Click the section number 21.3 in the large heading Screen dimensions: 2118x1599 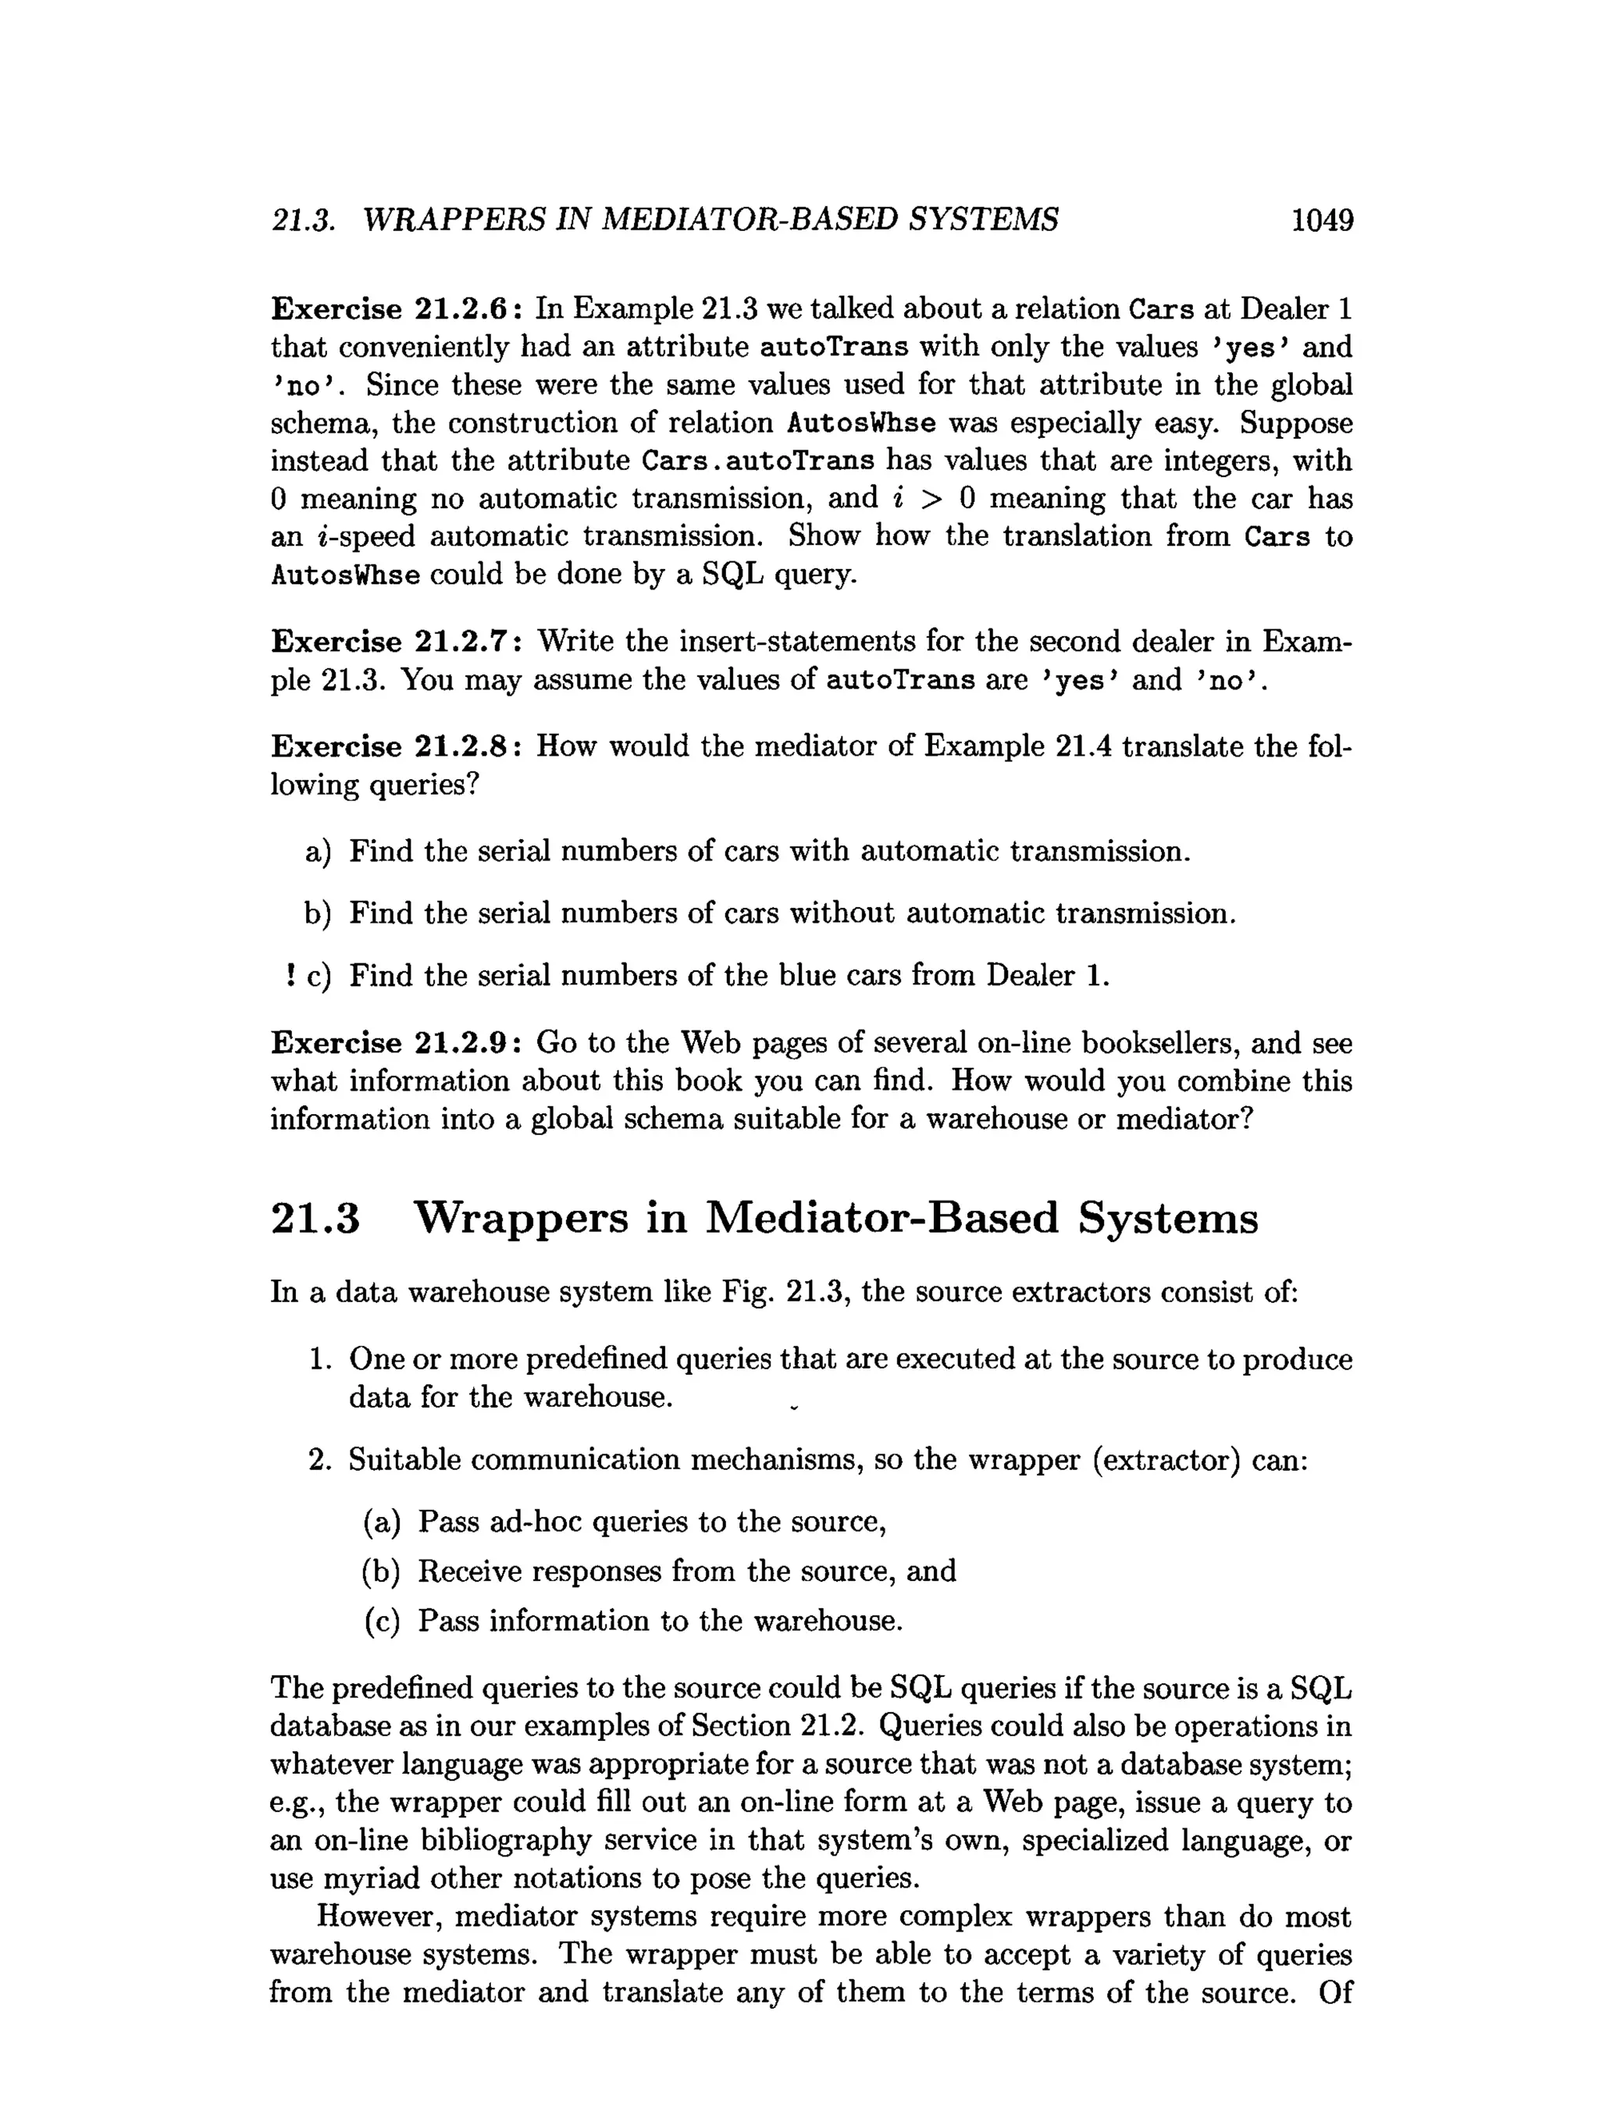tap(316, 1219)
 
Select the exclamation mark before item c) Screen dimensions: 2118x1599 tap(289, 976)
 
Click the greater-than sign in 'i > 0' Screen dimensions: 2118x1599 tap(927, 499)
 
